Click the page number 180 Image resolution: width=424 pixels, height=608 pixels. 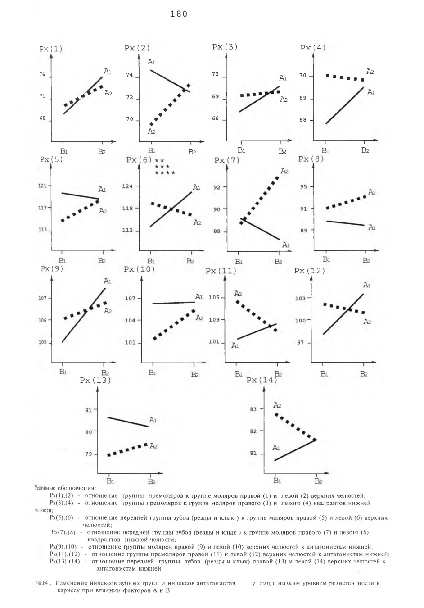point(179,14)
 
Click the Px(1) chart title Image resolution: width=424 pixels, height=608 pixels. point(51,49)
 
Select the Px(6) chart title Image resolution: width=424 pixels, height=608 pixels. point(139,159)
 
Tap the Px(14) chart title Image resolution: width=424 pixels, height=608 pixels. point(262,380)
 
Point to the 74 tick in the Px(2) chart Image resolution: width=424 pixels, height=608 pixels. point(130,75)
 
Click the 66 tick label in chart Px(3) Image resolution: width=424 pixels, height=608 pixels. point(216,118)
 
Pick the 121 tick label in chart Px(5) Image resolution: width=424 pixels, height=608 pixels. point(43,186)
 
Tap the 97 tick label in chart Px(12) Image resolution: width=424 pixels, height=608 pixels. point(301,343)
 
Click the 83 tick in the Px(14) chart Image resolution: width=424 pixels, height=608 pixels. point(253,409)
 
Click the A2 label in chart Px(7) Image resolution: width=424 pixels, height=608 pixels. point(284,171)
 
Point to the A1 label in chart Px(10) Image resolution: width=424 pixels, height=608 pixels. point(199,297)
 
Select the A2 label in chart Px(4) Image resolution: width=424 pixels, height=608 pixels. point(370,72)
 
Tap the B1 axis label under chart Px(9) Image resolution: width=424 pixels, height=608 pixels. point(63,372)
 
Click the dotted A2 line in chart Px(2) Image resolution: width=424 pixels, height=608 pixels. point(170,105)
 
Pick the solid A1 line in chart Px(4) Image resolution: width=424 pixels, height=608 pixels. point(344,105)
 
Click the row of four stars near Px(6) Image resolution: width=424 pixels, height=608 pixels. point(165,173)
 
